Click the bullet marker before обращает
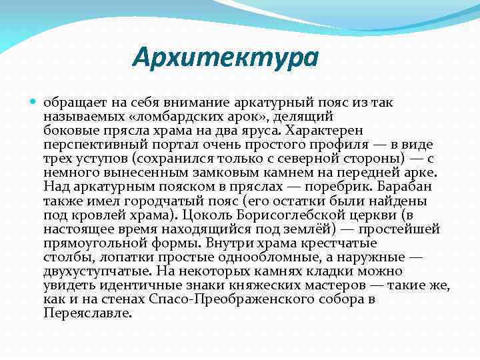pos(35,102)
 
